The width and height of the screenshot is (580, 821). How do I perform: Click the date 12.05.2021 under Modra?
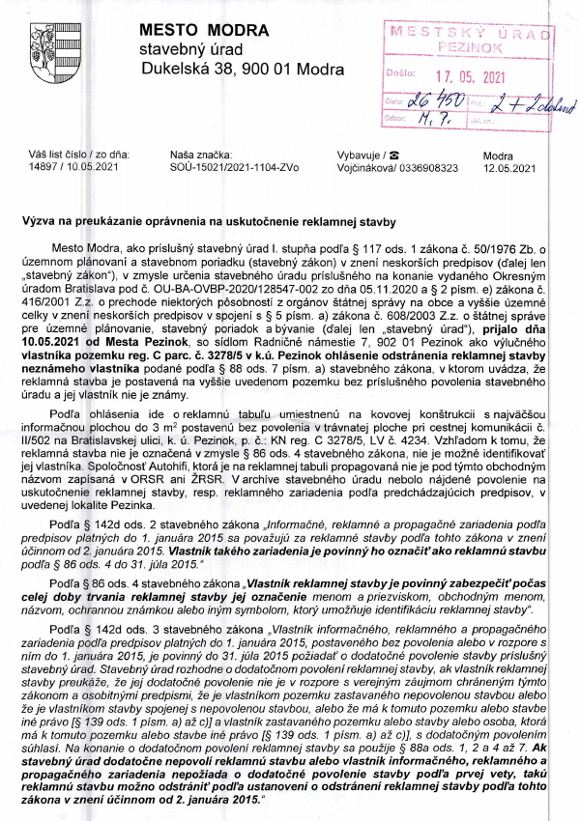508,167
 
